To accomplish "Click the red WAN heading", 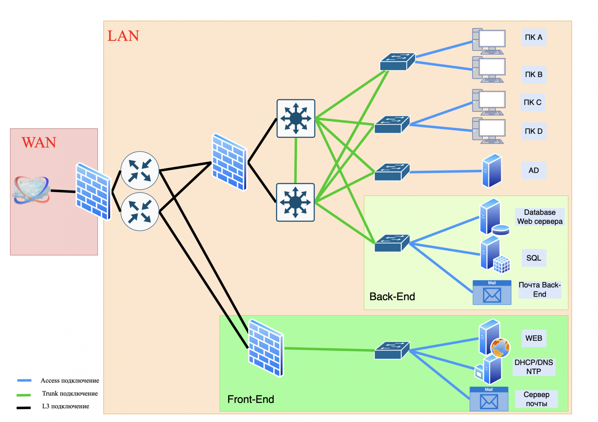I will pos(39,143).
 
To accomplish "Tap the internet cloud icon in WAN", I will pos(31,190).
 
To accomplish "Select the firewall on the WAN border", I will pos(93,191).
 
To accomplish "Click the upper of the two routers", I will pos(140,170).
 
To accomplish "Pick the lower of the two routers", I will pos(140,212).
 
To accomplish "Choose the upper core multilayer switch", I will pos(296,118).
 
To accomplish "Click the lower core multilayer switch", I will pos(295,202).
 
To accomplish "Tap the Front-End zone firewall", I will pos(266,348).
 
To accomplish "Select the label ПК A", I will pos(534,37).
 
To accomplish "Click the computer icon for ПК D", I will pos(489,131).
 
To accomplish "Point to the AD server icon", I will pos(491,171).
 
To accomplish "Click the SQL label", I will pos(534,258).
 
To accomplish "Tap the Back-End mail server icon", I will pos(492,293).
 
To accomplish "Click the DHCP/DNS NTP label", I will pos(534,367).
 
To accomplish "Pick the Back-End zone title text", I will pos(392,297).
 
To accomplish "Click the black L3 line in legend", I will pos(24,407).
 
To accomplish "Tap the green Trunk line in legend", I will pos(24,395).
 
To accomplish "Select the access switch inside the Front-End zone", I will pos(392,350).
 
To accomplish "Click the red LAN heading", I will pos(123,36).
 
